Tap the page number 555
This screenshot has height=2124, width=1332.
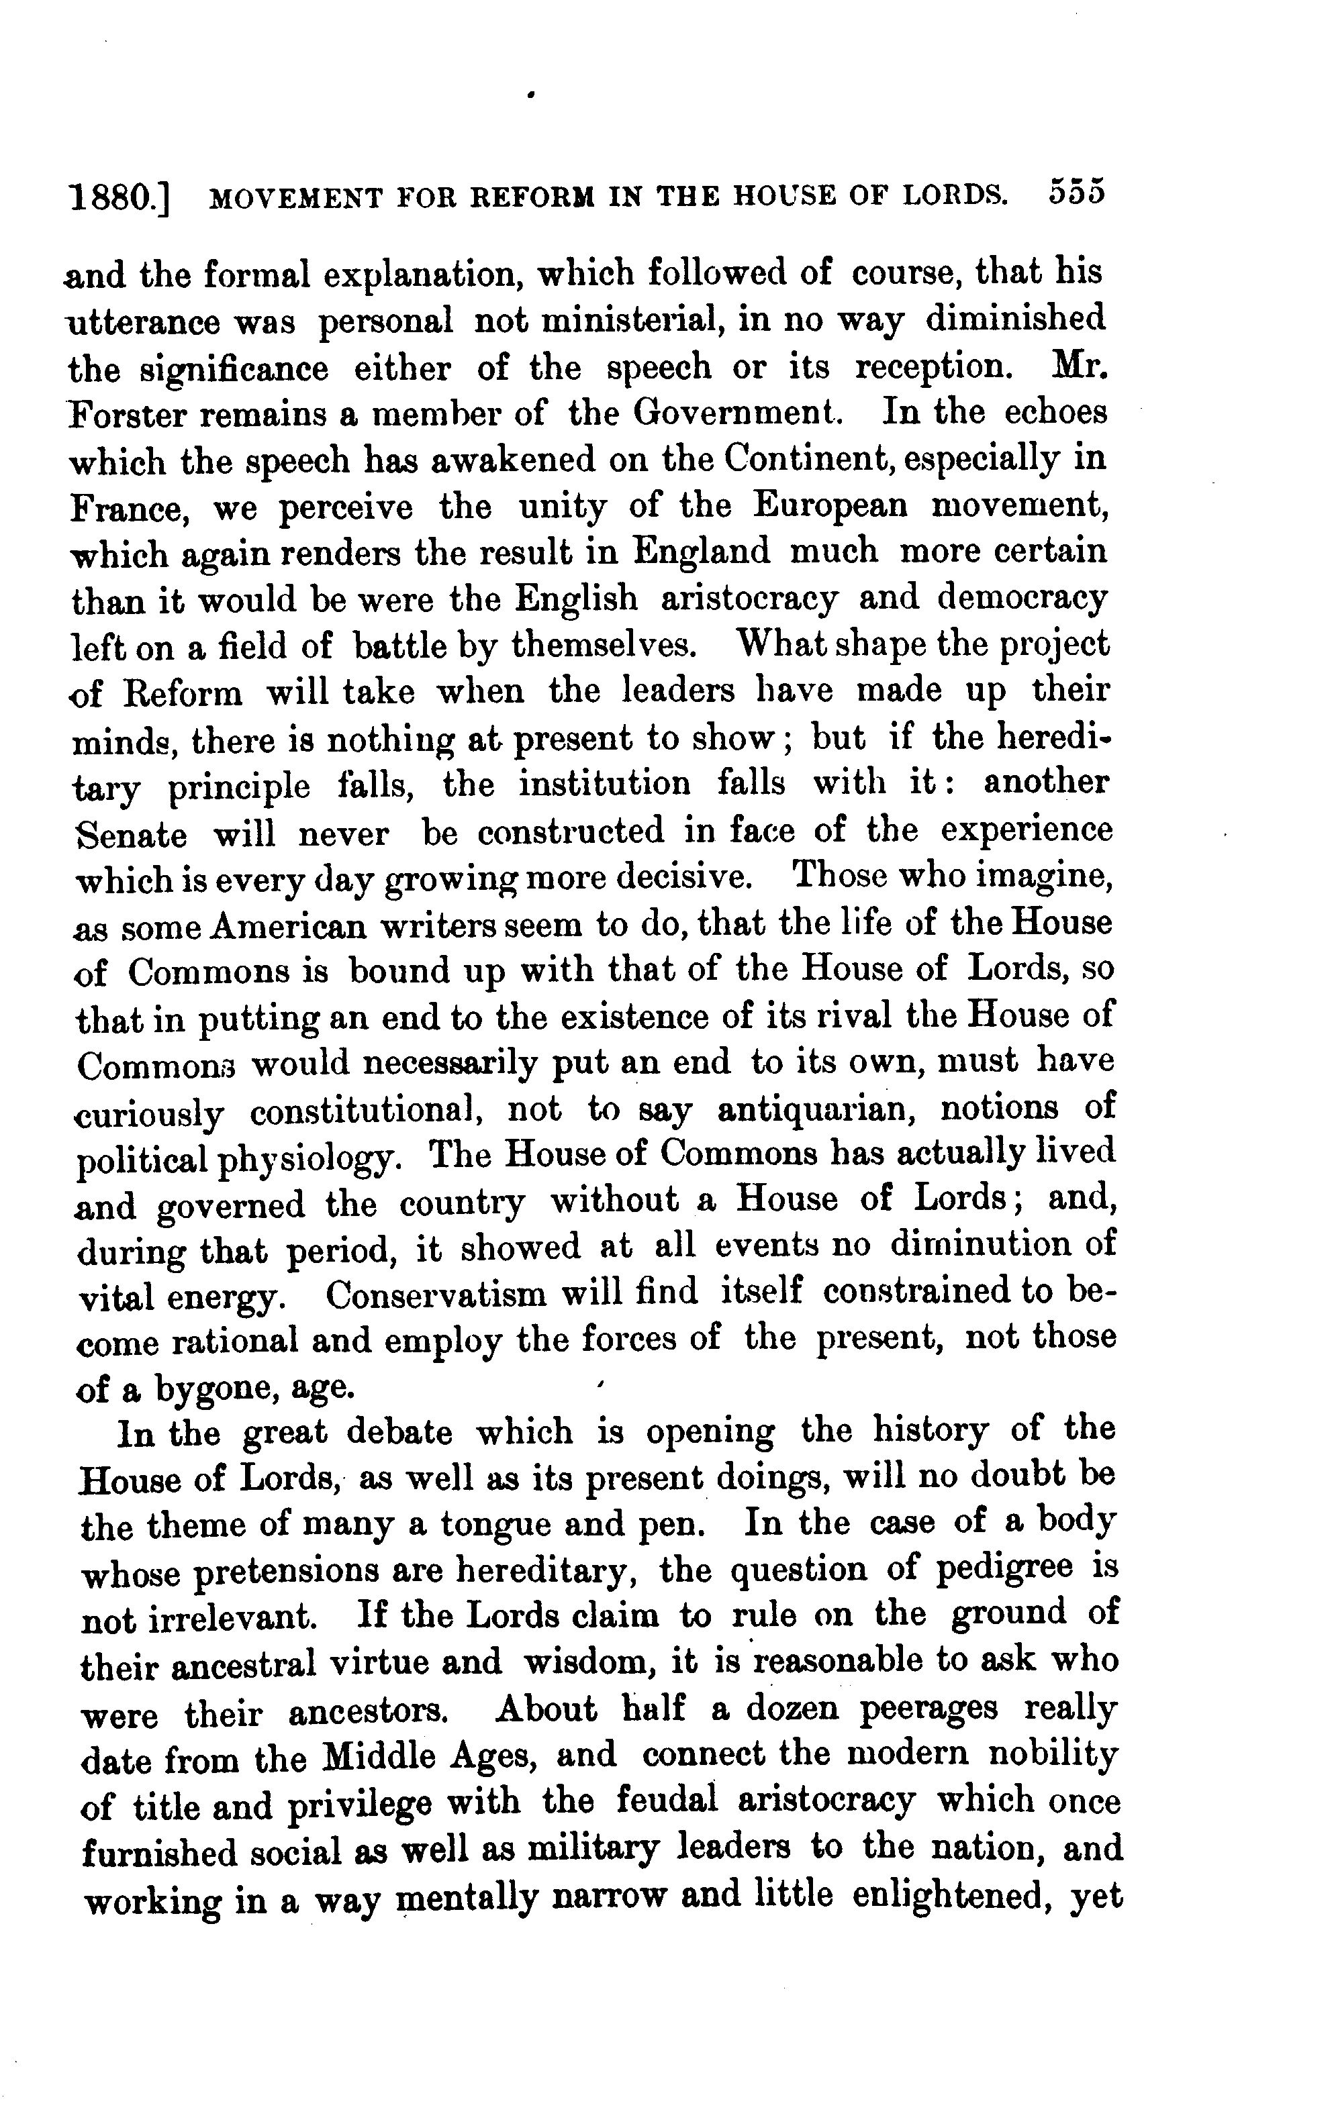pyautogui.click(x=1076, y=193)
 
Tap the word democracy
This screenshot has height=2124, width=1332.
pyautogui.click(x=1021, y=599)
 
